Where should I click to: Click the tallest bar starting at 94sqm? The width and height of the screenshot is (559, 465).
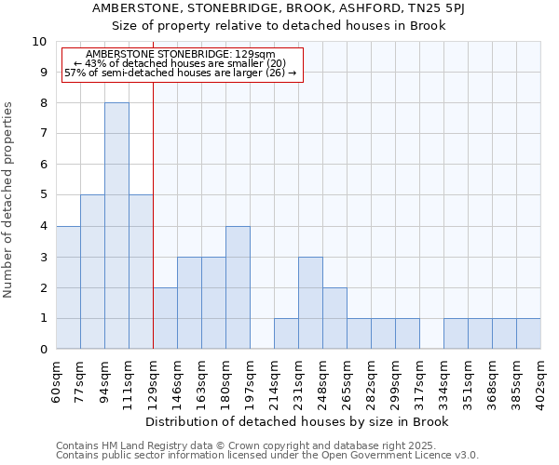pyautogui.click(x=116, y=226)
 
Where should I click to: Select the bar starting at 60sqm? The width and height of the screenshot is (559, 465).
pyautogui.click(x=68, y=287)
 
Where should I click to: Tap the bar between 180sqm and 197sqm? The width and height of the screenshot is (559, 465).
pyautogui.click(x=238, y=287)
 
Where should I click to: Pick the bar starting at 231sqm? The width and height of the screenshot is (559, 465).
pyautogui.click(x=310, y=303)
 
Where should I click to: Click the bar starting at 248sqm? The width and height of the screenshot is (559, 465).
pyautogui.click(x=334, y=318)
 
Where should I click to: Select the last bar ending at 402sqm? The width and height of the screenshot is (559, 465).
pyautogui.click(x=528, y=334)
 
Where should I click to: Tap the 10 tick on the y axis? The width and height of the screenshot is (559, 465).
pyautogui.click(x=39, y=42)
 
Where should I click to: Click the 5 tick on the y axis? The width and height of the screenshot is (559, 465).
pyautogui.click(x=43, y=195)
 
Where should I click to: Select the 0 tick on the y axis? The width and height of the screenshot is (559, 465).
pyautogui.click(x=43, y=350)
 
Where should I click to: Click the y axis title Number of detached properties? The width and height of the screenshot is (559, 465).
pyautogui.click(x=9, y=201)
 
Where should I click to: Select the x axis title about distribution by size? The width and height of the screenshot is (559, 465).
pyautogui.click(x=297, y=421)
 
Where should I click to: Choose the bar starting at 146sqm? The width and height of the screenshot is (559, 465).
pyautogui.click(x=165, y=318)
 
